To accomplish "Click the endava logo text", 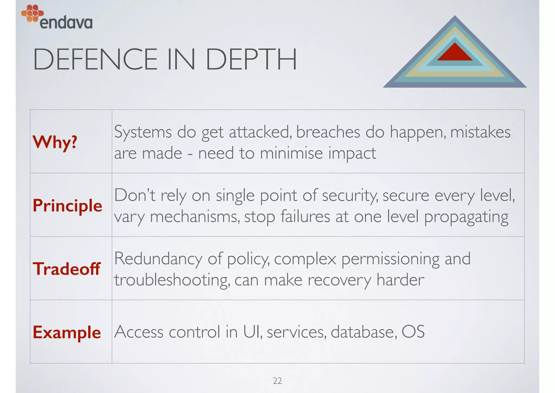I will [x=66, y=23].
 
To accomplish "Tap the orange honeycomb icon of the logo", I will [x=32, y=13].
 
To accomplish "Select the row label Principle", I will [x=67, y=205].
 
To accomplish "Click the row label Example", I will [x=67, y=332].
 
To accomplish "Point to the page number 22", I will [x=277, y=381].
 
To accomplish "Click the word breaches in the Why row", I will [x=328, y=132].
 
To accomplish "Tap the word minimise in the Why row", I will [x=291, y=153].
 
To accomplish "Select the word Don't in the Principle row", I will [x=135, y=195].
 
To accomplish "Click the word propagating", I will [x=466, y=217].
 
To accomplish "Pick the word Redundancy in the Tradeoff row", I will [x=158, y=259].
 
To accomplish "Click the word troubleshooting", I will [x=172, y=280].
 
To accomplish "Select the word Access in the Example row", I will [x=138, y=332].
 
